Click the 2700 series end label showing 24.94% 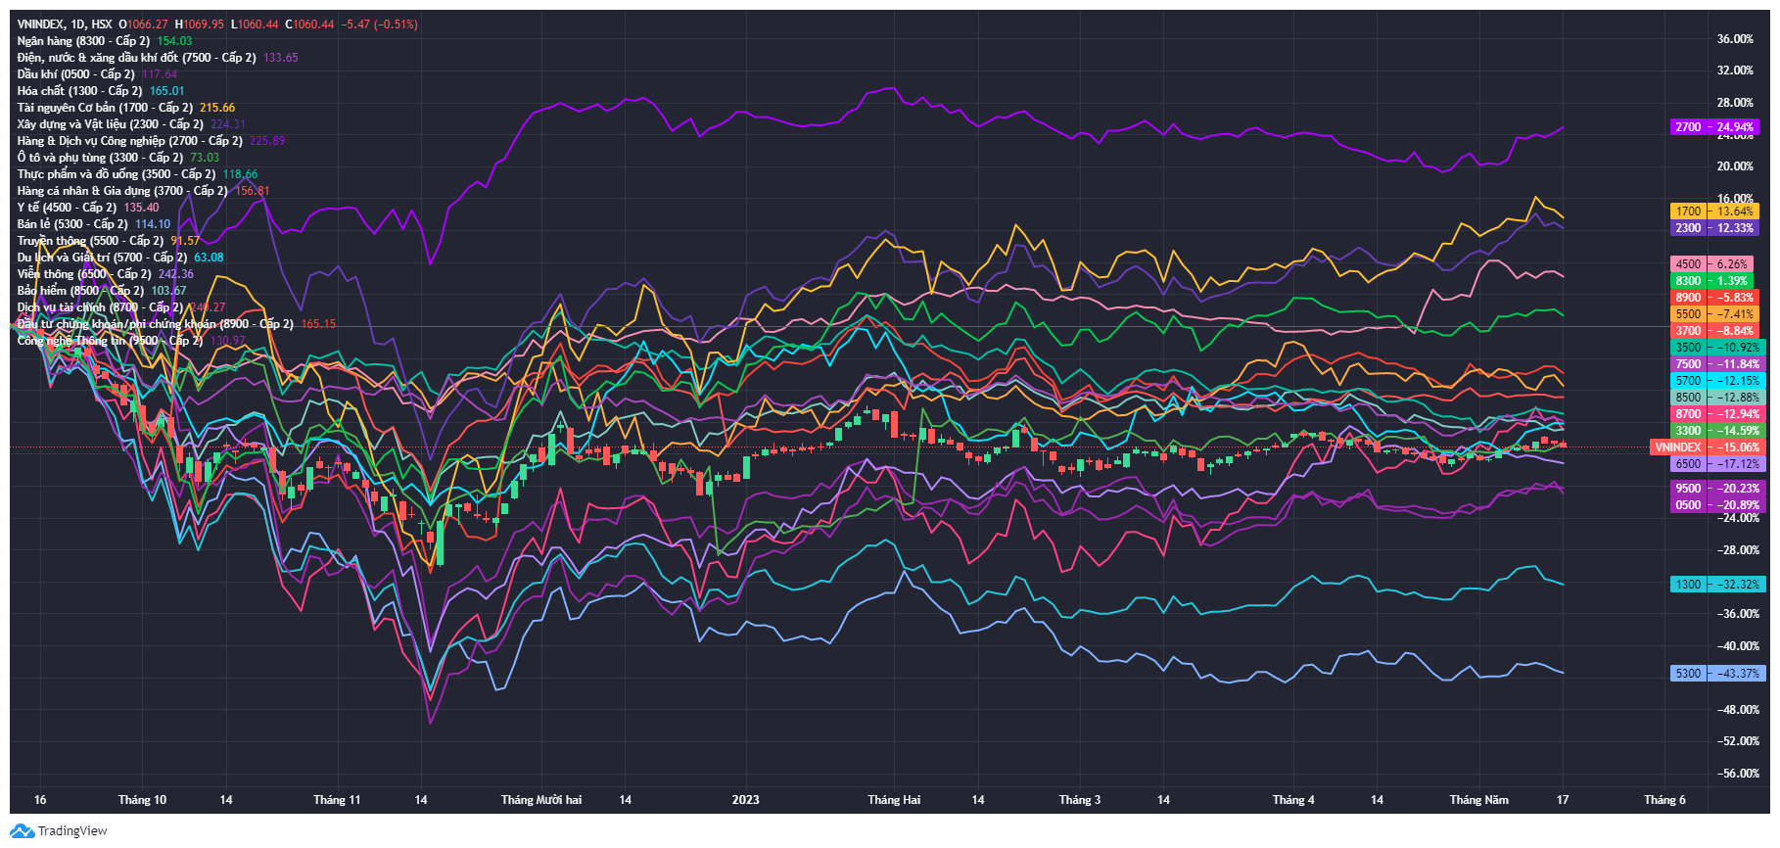tap(1713, 127)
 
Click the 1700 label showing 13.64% tap(1713, 212)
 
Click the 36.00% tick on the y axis tap(1735, 39)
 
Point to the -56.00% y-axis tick tap(1738, 774)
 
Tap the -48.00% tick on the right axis tap(1738, 710)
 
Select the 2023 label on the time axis tap(745, 800)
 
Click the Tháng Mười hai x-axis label tap(540, 800)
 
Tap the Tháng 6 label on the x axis tap(1664, 800)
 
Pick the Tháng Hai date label tap(894, 800)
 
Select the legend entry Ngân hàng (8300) tap(83, 41)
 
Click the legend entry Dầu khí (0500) tap(75, 74)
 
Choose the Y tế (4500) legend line tap(67, 208)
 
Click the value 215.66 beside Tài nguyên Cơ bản tap(217, 108)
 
